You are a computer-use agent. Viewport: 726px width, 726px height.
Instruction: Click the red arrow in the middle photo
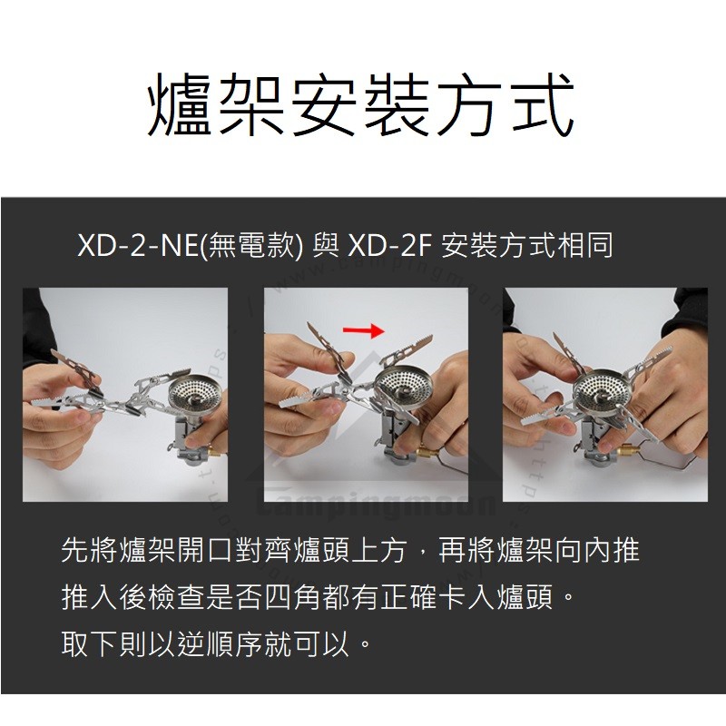point(364,330)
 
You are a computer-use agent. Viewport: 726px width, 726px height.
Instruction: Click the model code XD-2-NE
point(138,245)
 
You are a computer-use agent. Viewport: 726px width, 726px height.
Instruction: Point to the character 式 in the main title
point(543,104)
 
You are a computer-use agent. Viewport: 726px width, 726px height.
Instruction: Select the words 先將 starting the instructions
point(89,551)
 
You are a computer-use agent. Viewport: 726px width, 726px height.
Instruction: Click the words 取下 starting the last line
point(89,643)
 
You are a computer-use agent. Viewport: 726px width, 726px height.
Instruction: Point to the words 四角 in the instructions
point(293,597)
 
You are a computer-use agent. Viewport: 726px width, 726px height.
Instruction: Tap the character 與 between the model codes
point(326,245)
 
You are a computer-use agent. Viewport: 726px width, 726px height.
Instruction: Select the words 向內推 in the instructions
point(597,551)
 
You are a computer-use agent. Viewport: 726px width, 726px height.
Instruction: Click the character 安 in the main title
point(325,104)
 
